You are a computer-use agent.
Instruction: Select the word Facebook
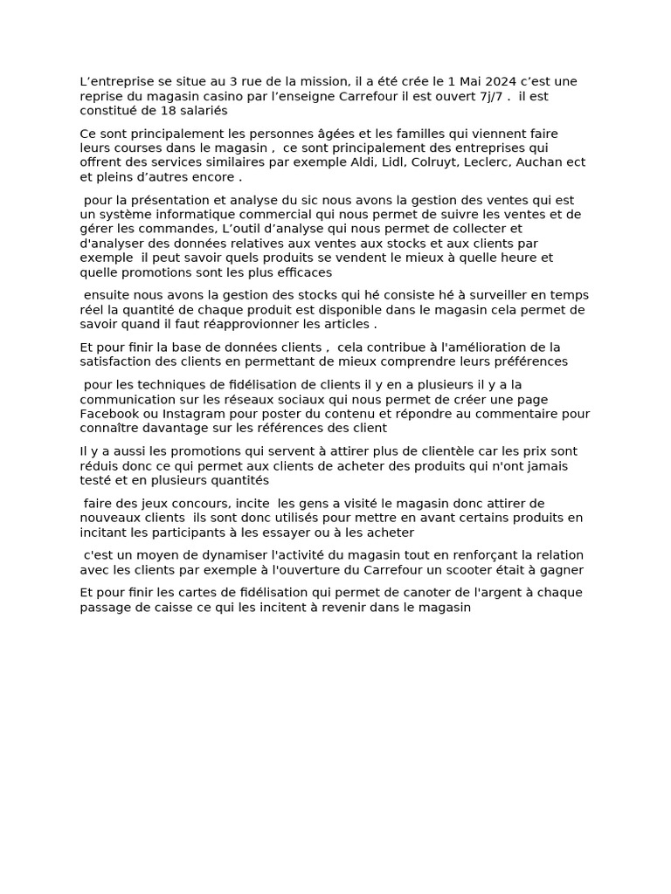coord(107,414)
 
